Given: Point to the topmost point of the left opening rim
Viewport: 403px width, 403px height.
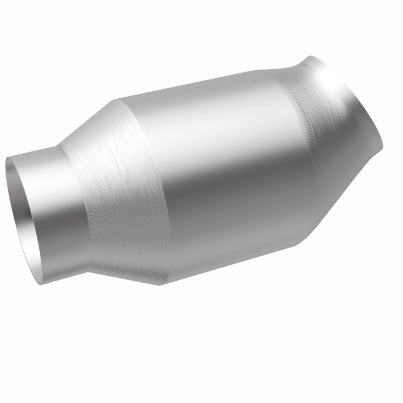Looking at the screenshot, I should [10, 157].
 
